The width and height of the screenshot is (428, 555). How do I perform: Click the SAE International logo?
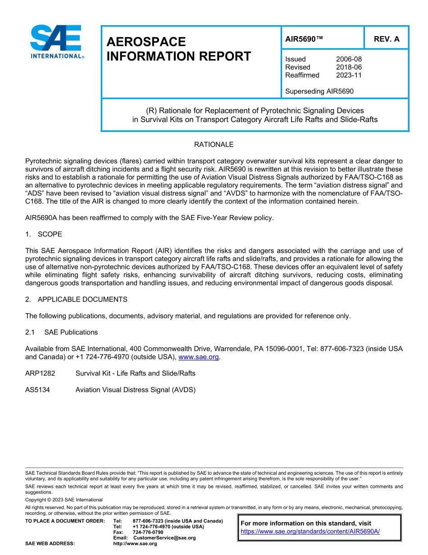point(56,42)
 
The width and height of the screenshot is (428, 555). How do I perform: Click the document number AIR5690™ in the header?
point(304,39)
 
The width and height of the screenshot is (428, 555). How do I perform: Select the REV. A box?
point(386,39)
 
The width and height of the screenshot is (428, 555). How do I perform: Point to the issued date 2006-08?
point(349,59)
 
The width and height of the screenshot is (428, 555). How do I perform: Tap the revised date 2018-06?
point(349,67)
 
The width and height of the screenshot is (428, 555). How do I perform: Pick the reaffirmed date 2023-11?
point(349,75)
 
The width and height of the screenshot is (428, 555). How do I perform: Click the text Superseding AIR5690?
point(319,92)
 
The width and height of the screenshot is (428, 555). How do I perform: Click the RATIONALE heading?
point(214,145)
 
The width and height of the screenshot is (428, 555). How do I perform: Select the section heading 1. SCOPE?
point(44,234)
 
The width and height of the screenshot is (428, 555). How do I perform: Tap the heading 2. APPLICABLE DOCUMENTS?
point(76,300)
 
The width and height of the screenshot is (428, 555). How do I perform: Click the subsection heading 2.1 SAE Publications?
point(61,333)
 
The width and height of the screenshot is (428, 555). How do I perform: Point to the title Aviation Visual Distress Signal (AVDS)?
point(135,390)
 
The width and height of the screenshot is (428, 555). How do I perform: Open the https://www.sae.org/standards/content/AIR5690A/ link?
point(310,532)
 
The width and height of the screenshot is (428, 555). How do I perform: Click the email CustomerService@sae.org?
point(164,538)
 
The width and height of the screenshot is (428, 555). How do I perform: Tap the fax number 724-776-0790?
point(148,532)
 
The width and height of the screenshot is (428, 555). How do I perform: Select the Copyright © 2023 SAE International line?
point(64,500)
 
